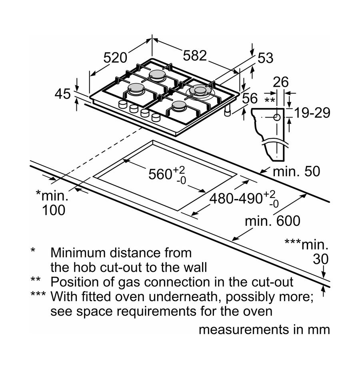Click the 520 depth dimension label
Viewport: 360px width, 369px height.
[115, 58]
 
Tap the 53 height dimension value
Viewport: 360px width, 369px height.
[265, 58]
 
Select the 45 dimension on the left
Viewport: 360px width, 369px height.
[62, 94]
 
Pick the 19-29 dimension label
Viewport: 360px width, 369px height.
[312, 113]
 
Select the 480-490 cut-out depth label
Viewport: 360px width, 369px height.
[236, 198]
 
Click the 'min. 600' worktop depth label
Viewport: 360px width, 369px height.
[272, 220]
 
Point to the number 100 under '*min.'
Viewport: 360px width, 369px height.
[53, 210]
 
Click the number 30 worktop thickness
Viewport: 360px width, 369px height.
[320, 259]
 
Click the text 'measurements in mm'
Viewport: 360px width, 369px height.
[264, 330]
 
